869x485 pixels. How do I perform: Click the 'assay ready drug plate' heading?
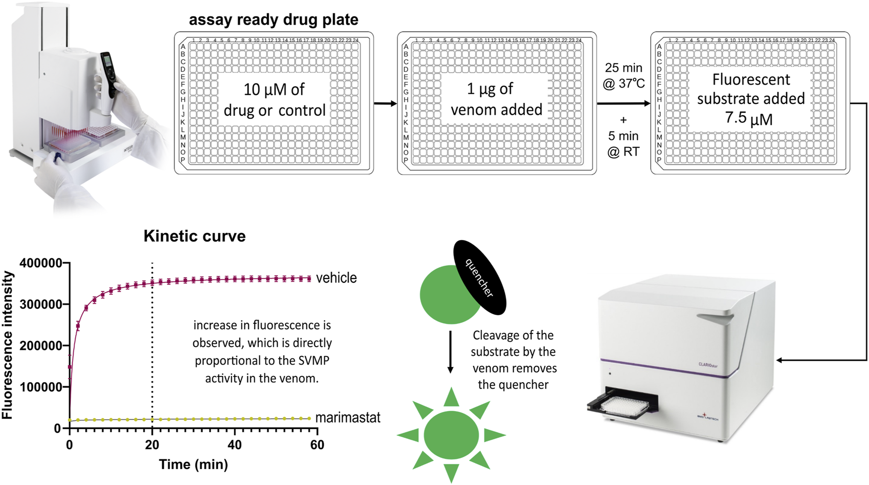click(274, 20)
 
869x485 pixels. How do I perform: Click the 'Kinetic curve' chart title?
click(194, 236)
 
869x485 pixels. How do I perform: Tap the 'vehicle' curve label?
click(336, 278)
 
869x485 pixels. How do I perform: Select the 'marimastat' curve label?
click(348, 418)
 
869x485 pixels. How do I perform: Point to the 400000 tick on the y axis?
click(41, 263)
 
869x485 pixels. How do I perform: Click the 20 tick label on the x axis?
click(152, 445)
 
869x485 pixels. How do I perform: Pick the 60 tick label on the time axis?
click(317, 445)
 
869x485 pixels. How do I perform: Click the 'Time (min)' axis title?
click(193, 465)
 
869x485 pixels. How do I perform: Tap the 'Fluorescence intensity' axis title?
click(8, 345)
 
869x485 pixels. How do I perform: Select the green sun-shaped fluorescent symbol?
click(451, 435)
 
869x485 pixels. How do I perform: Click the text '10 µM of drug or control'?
click(275, 100)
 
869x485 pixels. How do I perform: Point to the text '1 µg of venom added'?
click(496, 99)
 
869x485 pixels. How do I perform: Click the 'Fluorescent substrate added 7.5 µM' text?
click(750, 99)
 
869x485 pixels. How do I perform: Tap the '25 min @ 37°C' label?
click(624, 75)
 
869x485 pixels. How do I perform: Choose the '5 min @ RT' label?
click(623, 143)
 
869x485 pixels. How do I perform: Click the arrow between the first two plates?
click(385, 104)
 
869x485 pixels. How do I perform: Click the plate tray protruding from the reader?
click(621, 405)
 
